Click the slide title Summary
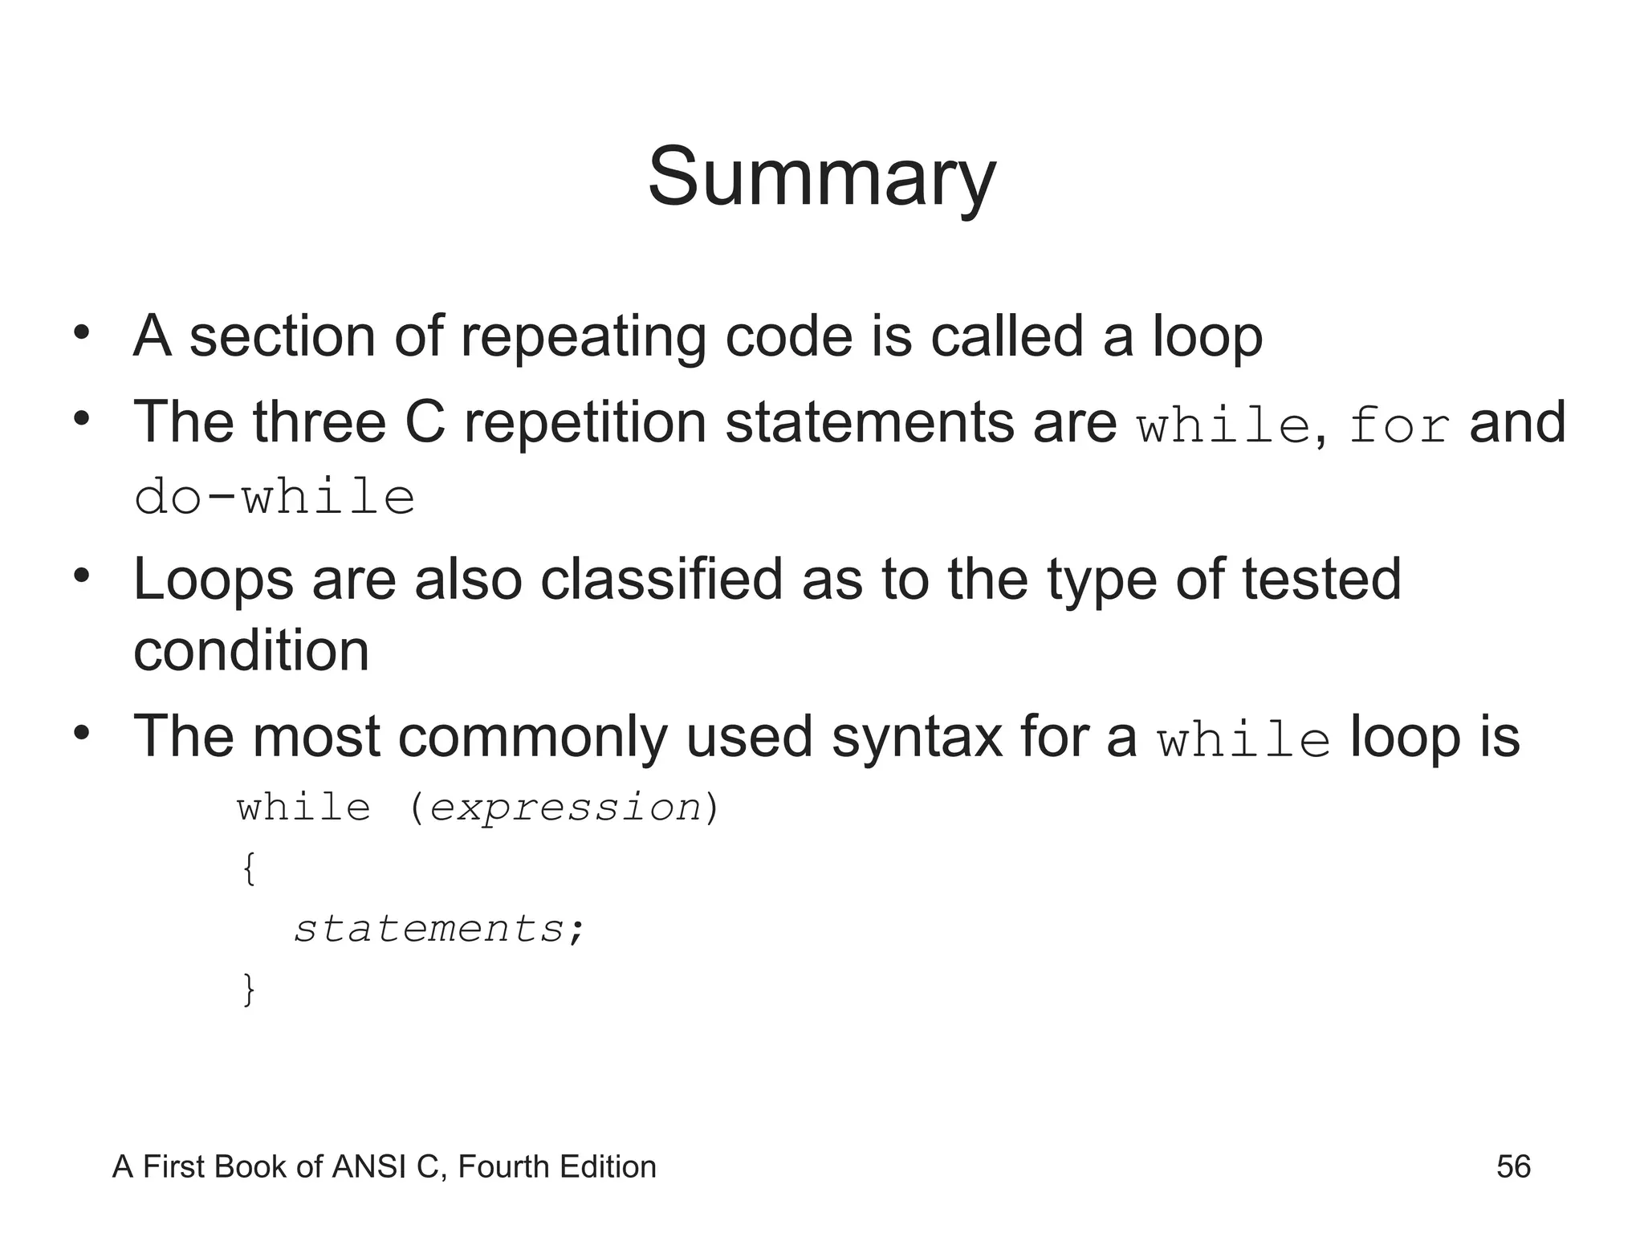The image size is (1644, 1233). pyautogui.click(x=821, y=178)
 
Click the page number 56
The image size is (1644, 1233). pyautogui.click(x=1513, y=1166)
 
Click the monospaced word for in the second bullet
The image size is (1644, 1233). pyautogui.click(x=1399, y=425)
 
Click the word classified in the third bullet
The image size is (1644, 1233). pyautogui.click(x=661, y=580)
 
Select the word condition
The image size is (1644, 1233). pyautogui.click(x=251, y=651)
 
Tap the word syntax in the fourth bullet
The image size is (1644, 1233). pyautogui.click(x=918, y=737)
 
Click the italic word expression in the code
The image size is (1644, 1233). pyautogui.click(x=565, y=808)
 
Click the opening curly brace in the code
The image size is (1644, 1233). pyautogui.click(x=249, y=869)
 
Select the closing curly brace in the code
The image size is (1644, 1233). pyautogui.click(x=249, y=989)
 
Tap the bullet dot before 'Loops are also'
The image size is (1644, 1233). pyautogui.click(x=80, y=576)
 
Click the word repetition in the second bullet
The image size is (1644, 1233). pyautogui.click(x=585, y=423)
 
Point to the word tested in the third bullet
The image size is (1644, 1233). pyautogui.click(x=1320, y=580)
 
